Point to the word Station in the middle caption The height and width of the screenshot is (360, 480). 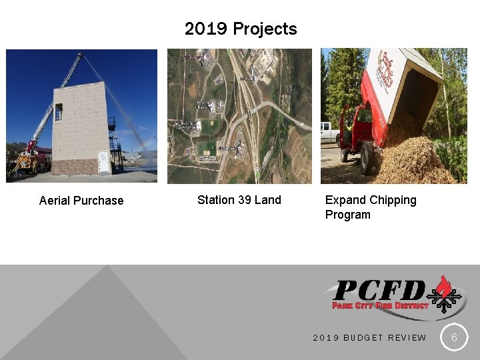point(216,200)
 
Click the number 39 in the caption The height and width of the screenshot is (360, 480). point(245,200)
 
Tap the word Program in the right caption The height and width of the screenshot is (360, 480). point(347,215)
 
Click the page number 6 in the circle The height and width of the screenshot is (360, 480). point(454,337)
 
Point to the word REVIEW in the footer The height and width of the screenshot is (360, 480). point(407,338)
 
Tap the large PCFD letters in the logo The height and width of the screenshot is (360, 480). point(379,291)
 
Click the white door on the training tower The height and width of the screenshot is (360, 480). point(103,163)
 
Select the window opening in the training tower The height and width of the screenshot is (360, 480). point(59,111)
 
